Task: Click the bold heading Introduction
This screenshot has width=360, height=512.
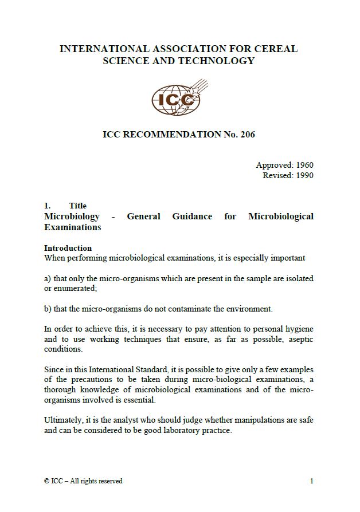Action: pos(68,248)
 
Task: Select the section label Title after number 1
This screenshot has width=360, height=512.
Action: pos(77,206)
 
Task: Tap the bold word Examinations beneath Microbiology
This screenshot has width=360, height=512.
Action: pos(72,227)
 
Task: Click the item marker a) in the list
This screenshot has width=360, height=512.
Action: pos(48,278)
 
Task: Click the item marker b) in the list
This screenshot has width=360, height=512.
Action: pos(48,309)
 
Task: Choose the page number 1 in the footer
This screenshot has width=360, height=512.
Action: pos(311,481)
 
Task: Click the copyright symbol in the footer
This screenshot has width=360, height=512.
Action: pos(46,481)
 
